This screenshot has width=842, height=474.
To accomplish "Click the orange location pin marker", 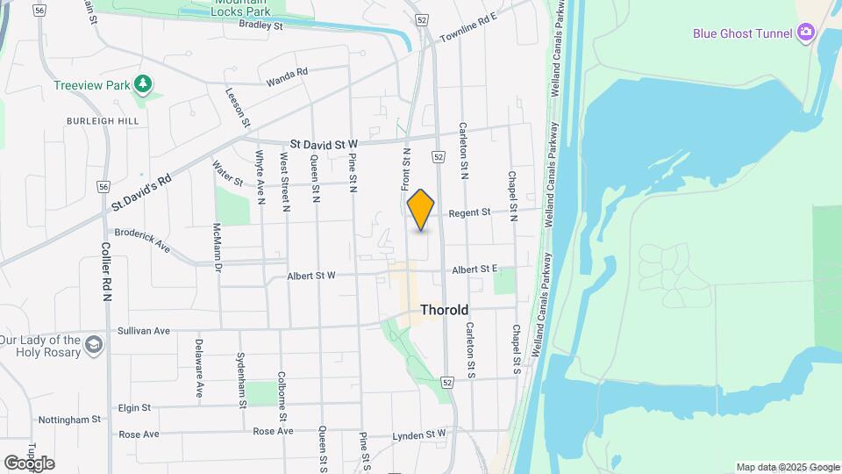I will [x=421, y=209].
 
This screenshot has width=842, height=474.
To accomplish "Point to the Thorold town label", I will [x=444, y=310].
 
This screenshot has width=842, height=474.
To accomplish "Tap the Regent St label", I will [x=469, y=212].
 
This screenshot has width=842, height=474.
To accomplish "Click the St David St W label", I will [x=324, y=142].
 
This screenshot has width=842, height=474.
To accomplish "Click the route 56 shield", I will [x=103, y=186].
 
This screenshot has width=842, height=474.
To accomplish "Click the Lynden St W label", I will [x=419, y=434].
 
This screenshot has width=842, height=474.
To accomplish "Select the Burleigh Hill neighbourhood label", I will [x=90, y=120].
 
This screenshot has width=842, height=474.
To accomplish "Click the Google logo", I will [x=29, y=463].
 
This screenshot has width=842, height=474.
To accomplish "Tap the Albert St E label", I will [x=475, y=269].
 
